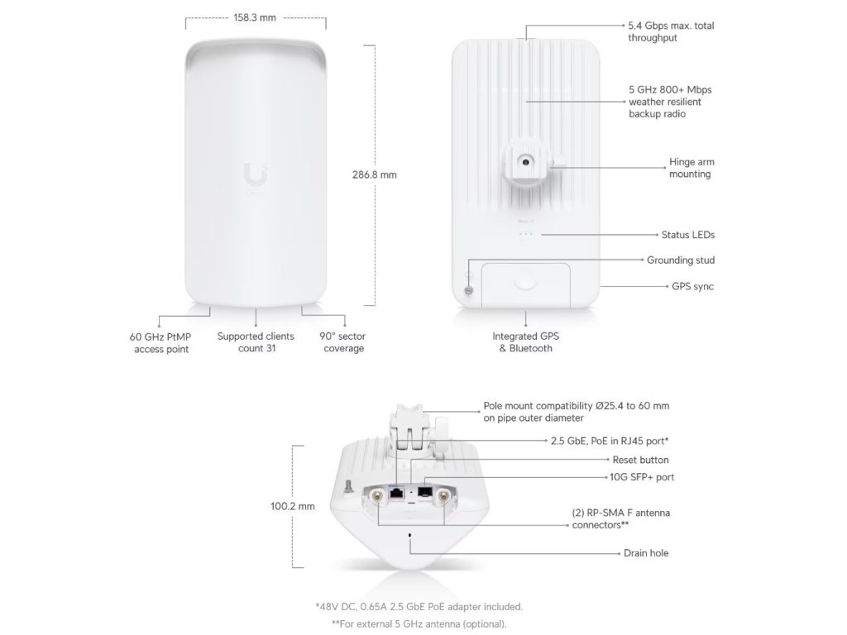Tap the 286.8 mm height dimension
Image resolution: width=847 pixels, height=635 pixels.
click(x=376, y=175)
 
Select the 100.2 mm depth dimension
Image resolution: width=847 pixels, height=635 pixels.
click(x=292, y=507)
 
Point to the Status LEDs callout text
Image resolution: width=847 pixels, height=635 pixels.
click(x=687, y=235)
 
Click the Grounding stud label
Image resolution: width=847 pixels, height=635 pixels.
click(x=681, y=260)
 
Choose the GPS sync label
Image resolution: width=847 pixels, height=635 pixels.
click(x=692, y=286)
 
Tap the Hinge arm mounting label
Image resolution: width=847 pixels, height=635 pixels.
click(x=690, y=168)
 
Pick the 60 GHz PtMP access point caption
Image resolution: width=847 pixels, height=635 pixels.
click(x=160, y=342)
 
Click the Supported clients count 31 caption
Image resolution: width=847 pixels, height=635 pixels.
click(x=256, y=342)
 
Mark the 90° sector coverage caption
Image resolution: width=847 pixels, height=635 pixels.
click(x=342, y=342)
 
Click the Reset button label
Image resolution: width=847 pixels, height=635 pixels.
click(x=640, y=460)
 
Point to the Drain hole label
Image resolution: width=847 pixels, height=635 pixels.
click(x=646, y=552)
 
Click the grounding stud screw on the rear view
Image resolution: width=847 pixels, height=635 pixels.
click(x=468, y=291)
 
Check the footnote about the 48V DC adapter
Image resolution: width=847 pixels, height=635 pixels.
click(x=419, y=607)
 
